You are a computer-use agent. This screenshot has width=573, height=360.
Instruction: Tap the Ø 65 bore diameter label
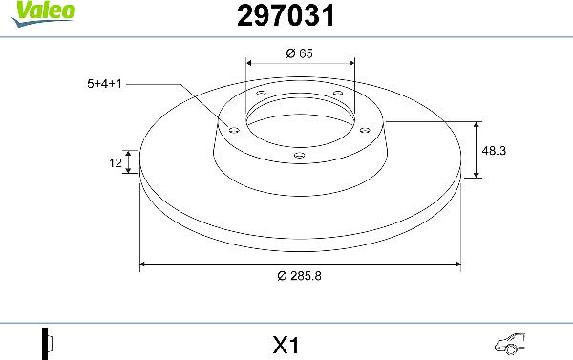(x=300, y=53)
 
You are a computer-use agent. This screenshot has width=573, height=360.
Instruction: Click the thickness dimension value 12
(x=115, y=163)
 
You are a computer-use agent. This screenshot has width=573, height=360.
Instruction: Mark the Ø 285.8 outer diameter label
(x=300, y=276)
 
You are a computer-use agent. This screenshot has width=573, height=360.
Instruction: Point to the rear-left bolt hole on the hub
(x=261, y=93)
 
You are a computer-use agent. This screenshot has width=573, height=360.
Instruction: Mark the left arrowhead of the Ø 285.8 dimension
(x=144, y=263)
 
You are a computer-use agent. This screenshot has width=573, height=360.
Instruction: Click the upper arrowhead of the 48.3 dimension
(x=477, y=125)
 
